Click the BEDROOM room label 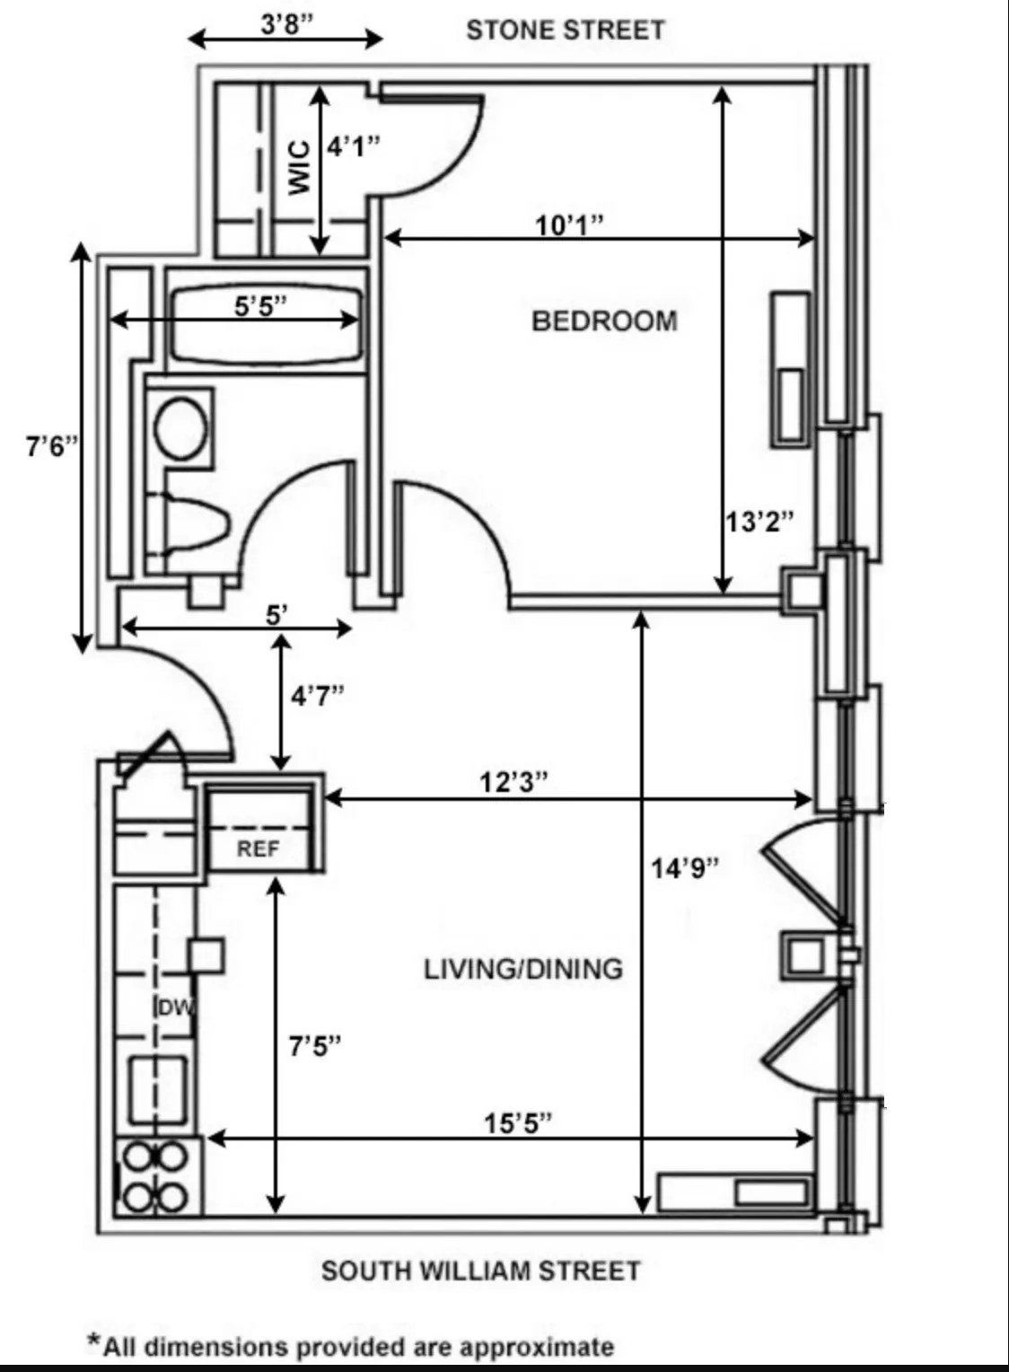click(604, 321)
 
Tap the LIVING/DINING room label click(523, 969)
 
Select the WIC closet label click(300, 167)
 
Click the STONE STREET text click(566, 30)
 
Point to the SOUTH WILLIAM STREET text click(481, 1271)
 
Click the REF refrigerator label click(258, 849)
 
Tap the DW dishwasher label click(175, 1007)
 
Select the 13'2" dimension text click(759, 521)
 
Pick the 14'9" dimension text click(686, 867)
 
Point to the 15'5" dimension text click(518, 1122)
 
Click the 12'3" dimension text click(513, 782)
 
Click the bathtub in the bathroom click(266, 326)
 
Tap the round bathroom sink click(181, 427)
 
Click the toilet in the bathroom click(193, 523)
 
